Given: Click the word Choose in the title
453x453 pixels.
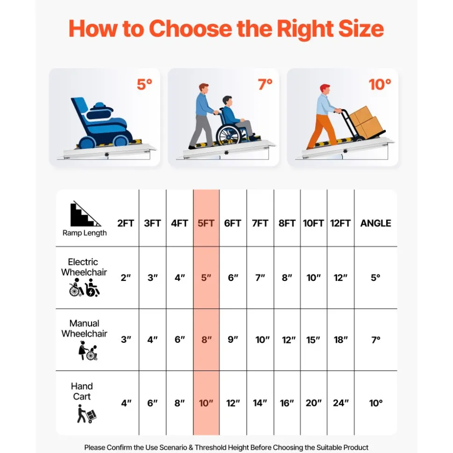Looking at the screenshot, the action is tap(190, 29).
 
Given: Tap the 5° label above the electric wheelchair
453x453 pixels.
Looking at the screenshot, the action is tap(145, 84).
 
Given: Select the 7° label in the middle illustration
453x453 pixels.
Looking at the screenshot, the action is tap(265, 84).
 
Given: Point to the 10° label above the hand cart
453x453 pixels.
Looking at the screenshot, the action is tap(380, 84).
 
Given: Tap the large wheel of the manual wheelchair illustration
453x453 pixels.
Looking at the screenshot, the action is tap(228, 134).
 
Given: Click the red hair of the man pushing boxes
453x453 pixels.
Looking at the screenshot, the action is tap(325, 87).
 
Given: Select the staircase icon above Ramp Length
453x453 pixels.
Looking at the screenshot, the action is tap(85, 214).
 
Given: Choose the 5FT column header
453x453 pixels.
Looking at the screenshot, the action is tap(206, 223).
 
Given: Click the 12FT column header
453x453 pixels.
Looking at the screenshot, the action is tap(340, 223).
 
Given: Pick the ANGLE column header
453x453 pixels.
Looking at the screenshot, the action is tap(375, 223).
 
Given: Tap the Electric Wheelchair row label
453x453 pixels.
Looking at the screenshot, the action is tap(84, 267).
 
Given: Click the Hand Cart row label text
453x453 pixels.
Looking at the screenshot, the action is tap(82, 391).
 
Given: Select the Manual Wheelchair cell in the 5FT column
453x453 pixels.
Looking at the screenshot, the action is tap(206, 340).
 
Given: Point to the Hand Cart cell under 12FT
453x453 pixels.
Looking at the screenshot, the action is tap(340, 403).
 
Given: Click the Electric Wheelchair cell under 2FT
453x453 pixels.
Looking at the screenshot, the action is tap(126, 278).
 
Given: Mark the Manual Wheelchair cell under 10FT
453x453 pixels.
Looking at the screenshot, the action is tap(313, 340).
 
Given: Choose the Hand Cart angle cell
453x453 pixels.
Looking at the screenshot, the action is tap(376, 403).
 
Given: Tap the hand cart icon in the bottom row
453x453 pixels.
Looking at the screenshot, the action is tap(86, 414).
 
